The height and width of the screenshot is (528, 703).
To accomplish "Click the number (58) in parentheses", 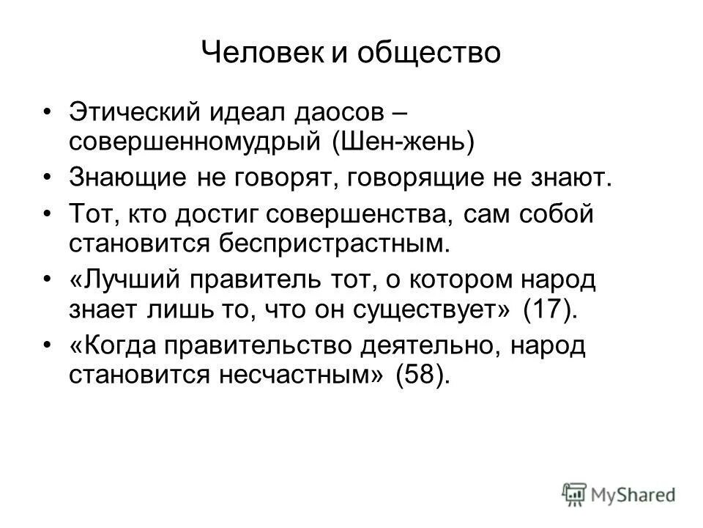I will pos(420,374).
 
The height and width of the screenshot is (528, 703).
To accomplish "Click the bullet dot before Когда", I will pos(48,345).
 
